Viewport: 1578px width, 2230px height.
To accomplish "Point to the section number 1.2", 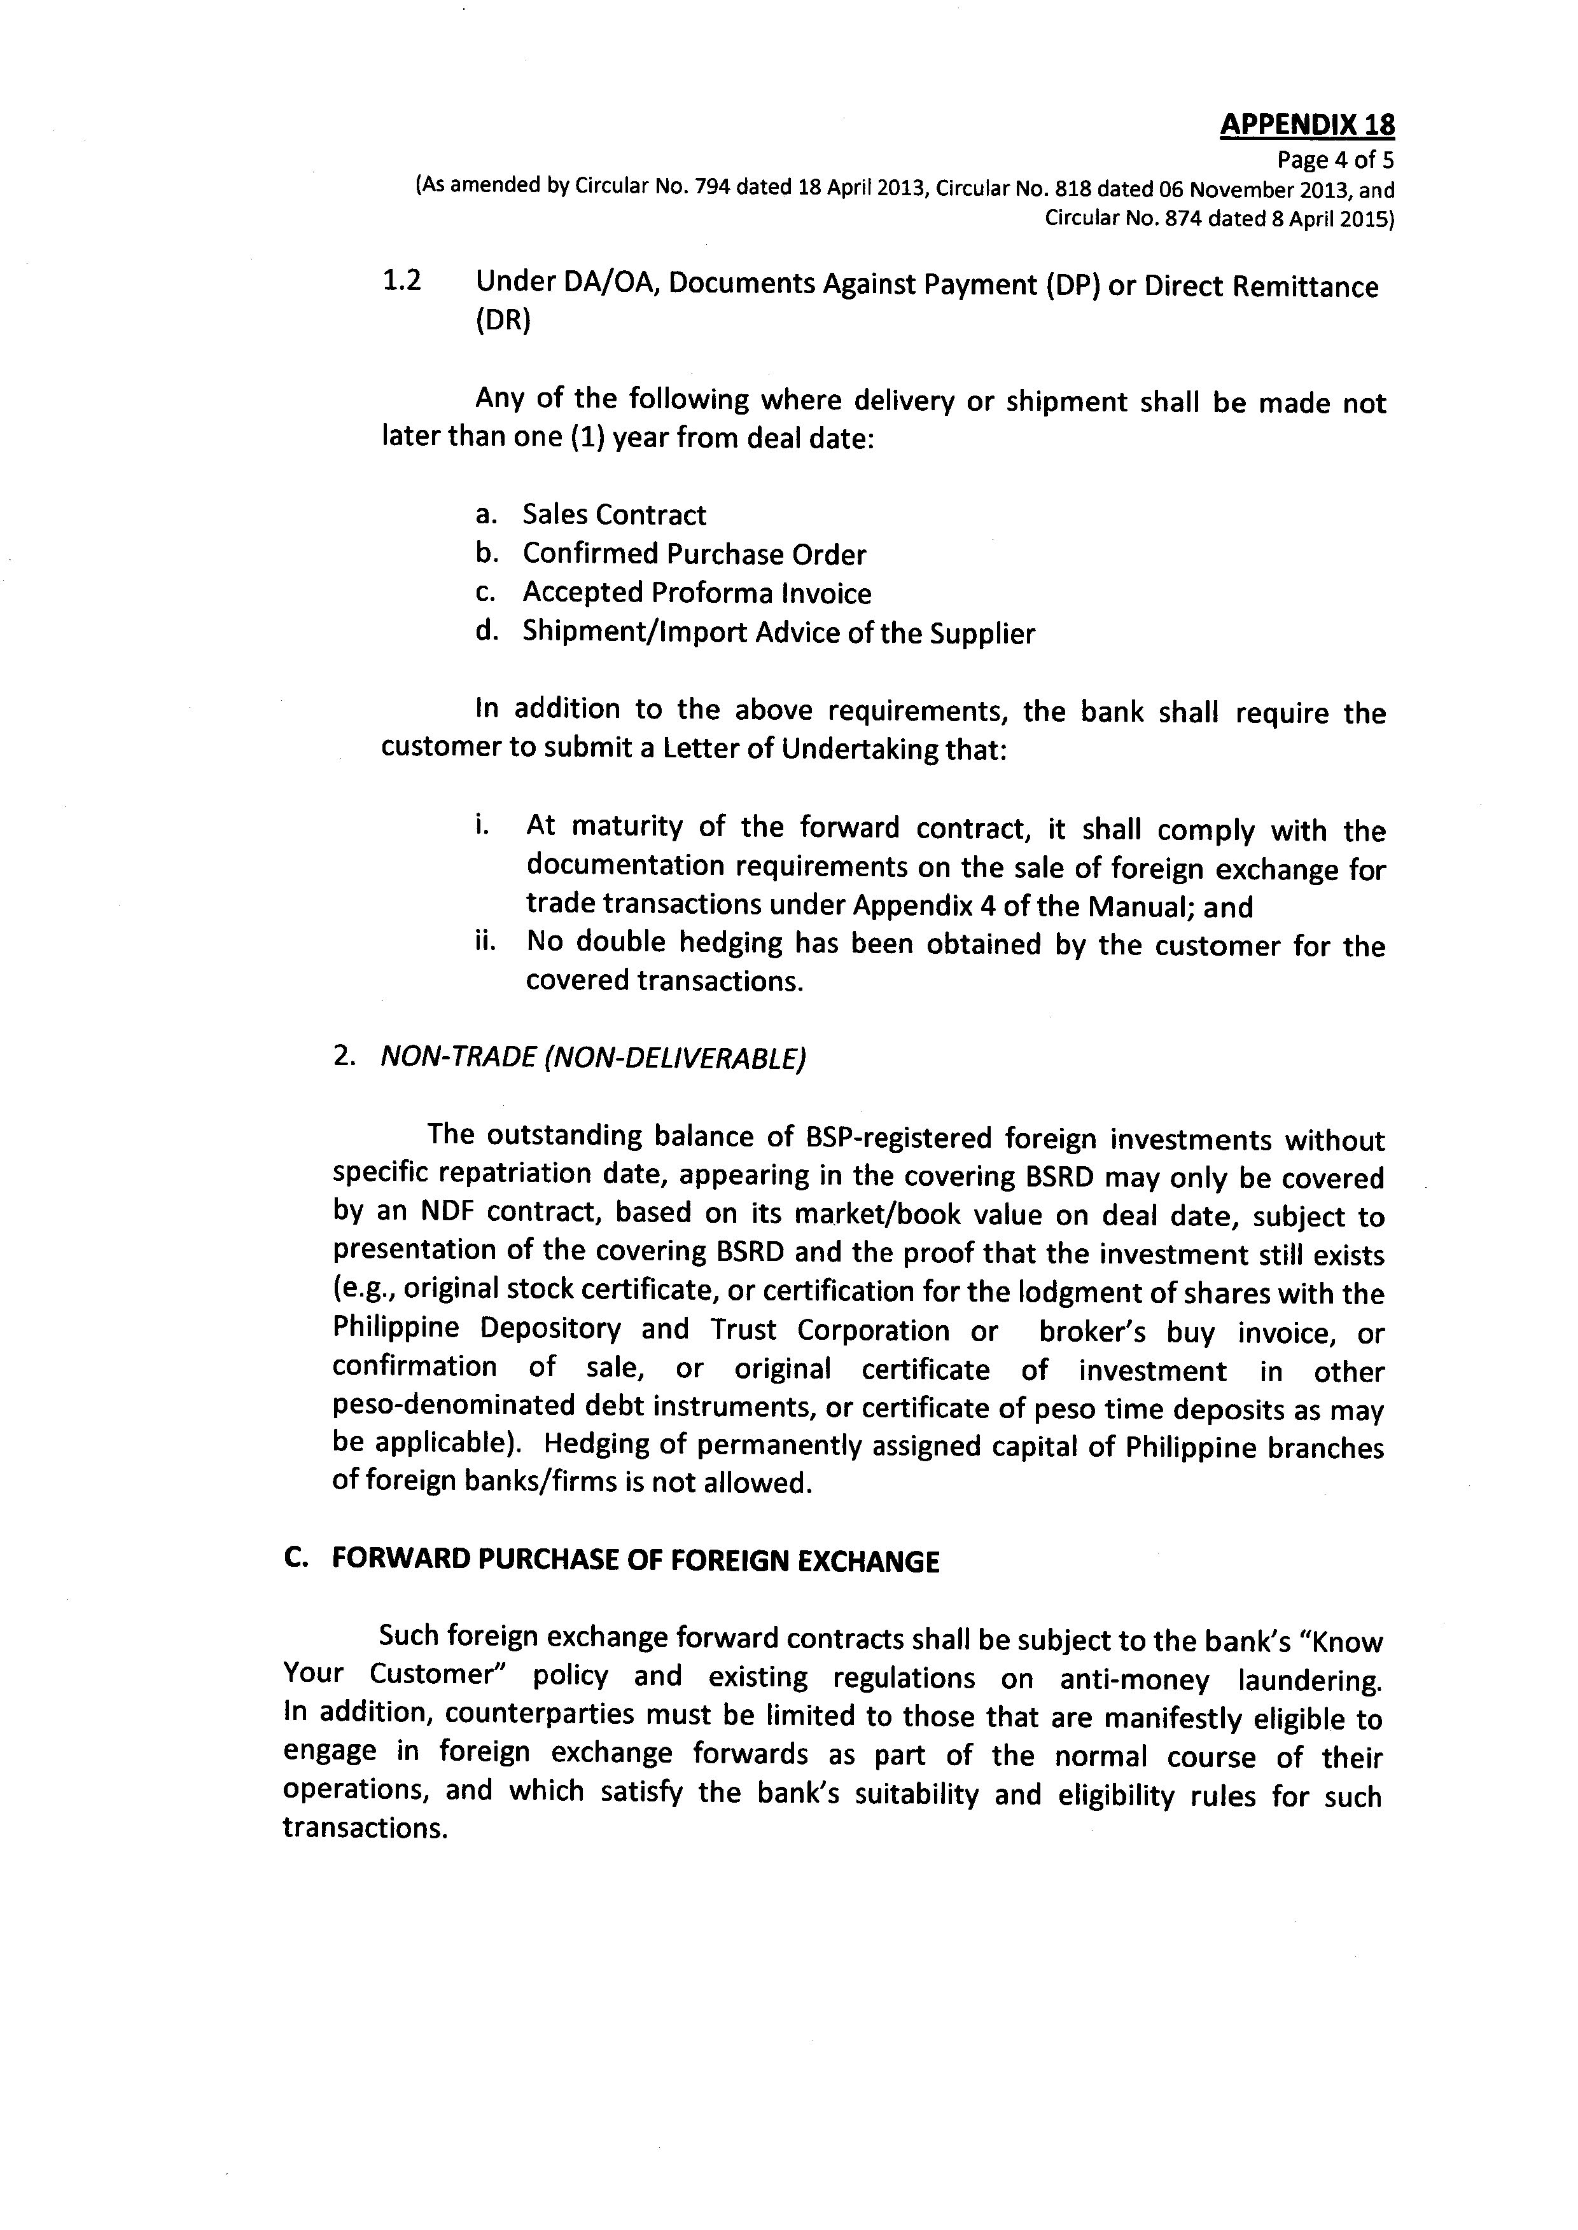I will (x=402, y=282).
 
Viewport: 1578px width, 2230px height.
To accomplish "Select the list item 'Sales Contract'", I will (x=614, y=515).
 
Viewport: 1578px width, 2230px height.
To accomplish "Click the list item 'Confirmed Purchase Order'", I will (x=694, y=554).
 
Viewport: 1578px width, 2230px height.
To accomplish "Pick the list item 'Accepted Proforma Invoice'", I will (x=697, y=593).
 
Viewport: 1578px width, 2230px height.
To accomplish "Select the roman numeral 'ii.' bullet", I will (x=486, y=942).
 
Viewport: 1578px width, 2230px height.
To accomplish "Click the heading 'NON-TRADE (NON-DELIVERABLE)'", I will (x=593, y=1057).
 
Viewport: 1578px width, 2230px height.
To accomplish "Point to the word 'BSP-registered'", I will (x=901, y=1138).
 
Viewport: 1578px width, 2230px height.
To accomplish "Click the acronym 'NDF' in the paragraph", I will (x=450, y=1213).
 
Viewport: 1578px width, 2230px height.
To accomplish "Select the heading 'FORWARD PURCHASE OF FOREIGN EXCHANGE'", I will (x=636, y=1561).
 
